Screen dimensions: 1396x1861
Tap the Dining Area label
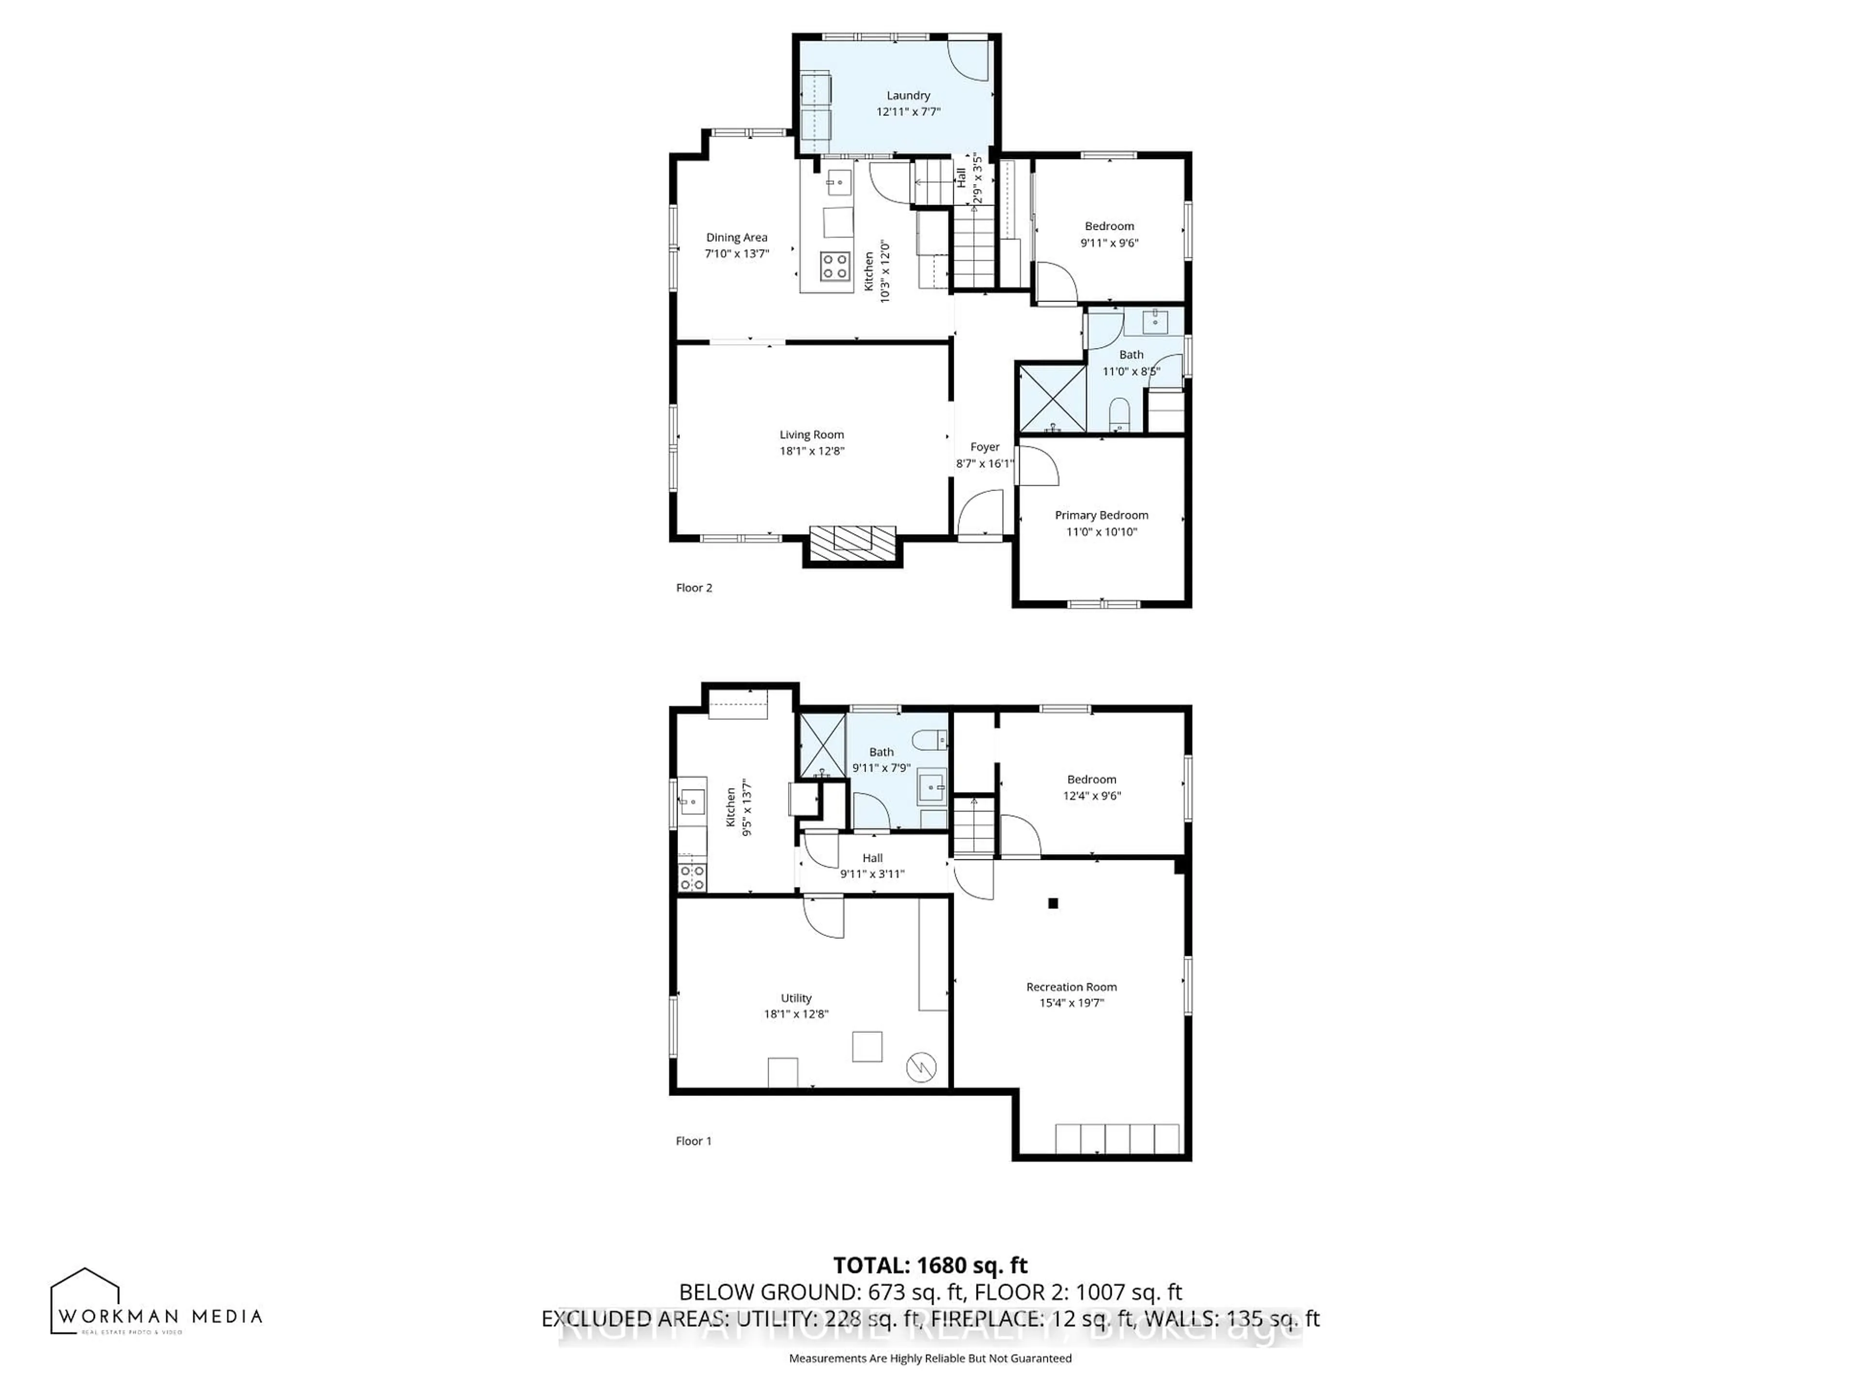tap(736, 238)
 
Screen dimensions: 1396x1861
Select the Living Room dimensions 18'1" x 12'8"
tap(811, 451)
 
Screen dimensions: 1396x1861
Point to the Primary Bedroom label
tap(1101, 515)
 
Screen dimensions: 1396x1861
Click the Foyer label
tap(984, 447)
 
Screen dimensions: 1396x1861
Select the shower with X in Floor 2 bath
tap(1052, 398)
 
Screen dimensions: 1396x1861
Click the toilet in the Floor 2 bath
tap(1119, 414)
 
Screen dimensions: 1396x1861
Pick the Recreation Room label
tap(1071, 987)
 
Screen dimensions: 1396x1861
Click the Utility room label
tap(796, 998)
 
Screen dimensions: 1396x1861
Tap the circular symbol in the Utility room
tap(921, 1068)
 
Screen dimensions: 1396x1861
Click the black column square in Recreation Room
tap(1053, 903)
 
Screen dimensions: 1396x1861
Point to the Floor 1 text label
tap(693, 1141)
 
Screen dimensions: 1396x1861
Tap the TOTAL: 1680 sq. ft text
tap(930, 1265)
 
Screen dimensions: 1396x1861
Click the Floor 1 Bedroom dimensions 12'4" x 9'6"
tap(1091, 795)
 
